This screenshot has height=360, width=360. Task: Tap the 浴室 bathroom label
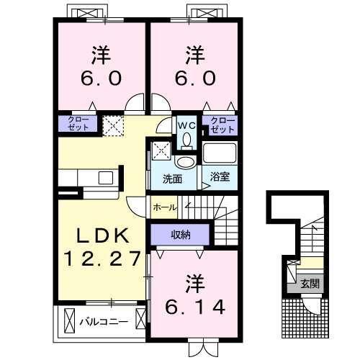(220, 176)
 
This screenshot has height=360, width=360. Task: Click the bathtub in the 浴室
(220, 153)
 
